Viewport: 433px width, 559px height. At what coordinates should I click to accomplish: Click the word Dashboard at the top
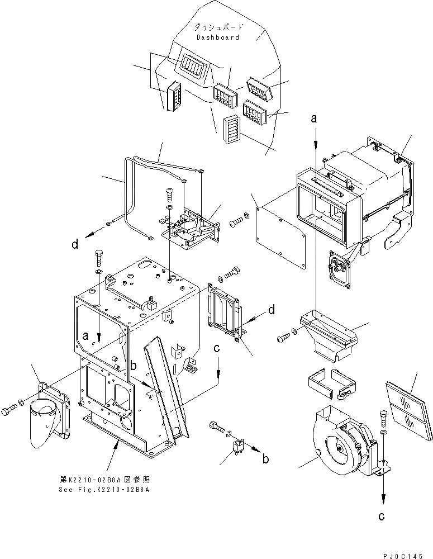coord(217,37)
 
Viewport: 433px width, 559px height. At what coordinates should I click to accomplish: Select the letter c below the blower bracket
coord(382,517)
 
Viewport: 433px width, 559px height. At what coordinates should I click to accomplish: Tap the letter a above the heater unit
coord(315,119)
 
